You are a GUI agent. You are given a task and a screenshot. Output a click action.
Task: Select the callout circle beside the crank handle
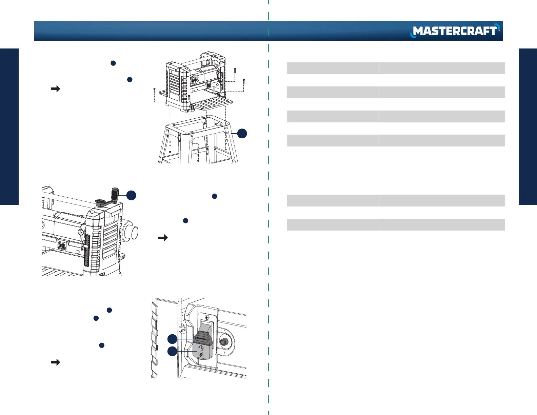(x=131, y=195)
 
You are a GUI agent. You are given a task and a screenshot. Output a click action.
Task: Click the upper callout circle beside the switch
(x=172, y=339)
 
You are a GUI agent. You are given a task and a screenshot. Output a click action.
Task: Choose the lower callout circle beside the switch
(x=172, y=351)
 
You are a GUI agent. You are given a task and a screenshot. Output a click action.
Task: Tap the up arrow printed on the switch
(x=201, y=348)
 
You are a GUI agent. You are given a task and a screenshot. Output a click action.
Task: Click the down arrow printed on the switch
(x=201, y=355)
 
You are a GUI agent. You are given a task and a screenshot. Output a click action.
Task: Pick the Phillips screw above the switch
(x=207, y=317)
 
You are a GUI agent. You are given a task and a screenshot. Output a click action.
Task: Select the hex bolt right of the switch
(x=223, y=342)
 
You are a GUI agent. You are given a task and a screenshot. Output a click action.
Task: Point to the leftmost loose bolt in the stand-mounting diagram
(x=154, y=91)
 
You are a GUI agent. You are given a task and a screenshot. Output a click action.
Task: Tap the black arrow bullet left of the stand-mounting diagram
(x=55, y=89)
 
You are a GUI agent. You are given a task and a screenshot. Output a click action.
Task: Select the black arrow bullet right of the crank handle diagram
(x=163, y=238)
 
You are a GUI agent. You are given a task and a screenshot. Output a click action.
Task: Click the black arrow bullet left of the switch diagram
(x=55, y=362)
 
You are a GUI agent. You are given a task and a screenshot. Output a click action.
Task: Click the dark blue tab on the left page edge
(x=9, y=126)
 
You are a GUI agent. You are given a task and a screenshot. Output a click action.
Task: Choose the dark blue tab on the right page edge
(x=528, y=126)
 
